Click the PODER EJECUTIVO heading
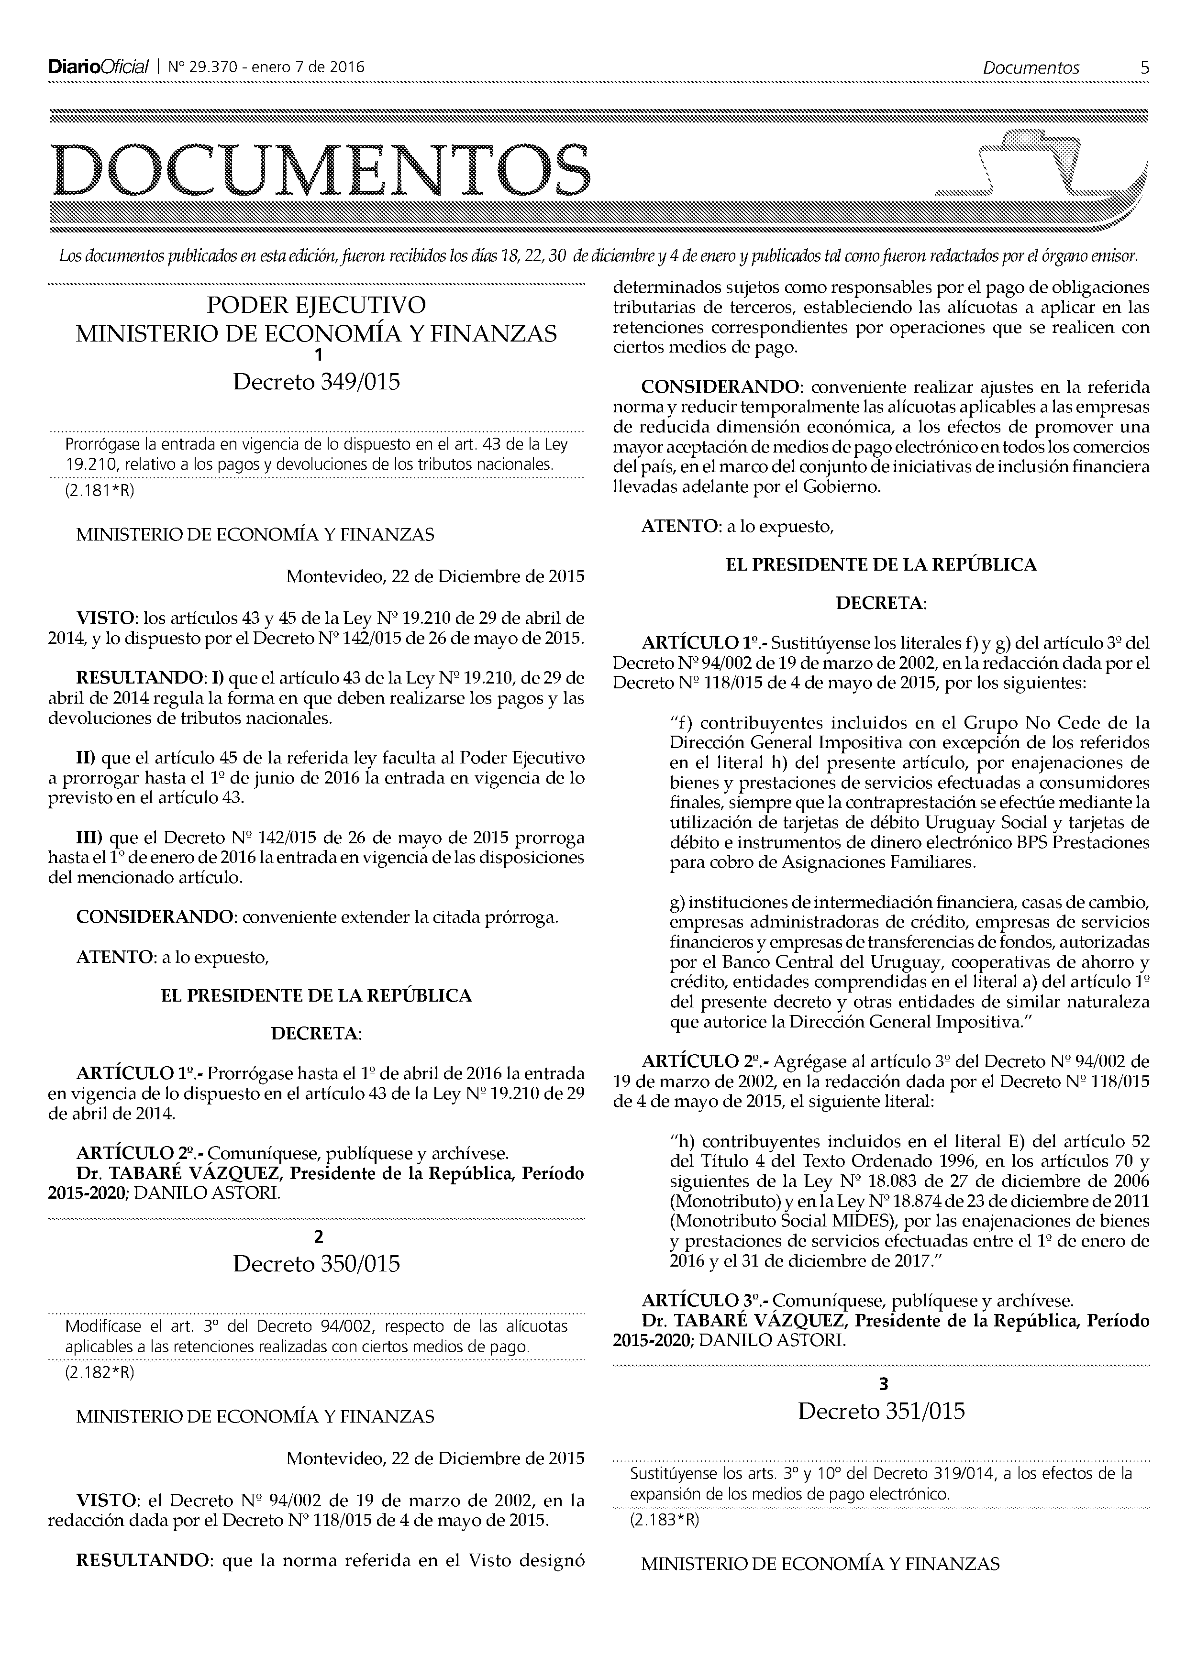click(316, 305)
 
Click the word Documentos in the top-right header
click(1031, 68)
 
